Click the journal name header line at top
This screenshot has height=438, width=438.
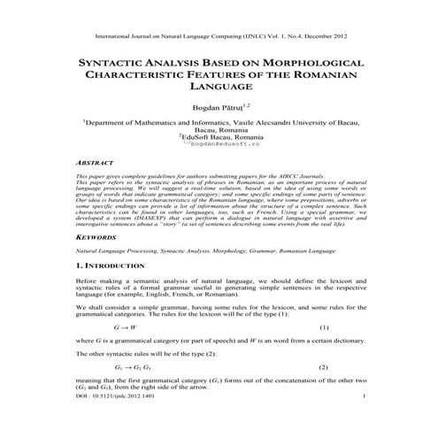(x=219, y=37)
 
